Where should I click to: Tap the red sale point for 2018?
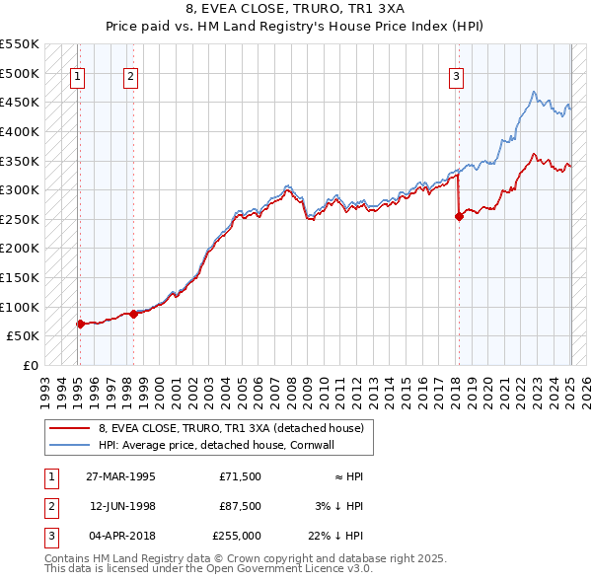[x=459, y=217]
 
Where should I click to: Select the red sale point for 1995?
[x=80, y=323]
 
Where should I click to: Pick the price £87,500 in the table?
[x=241, y=506]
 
